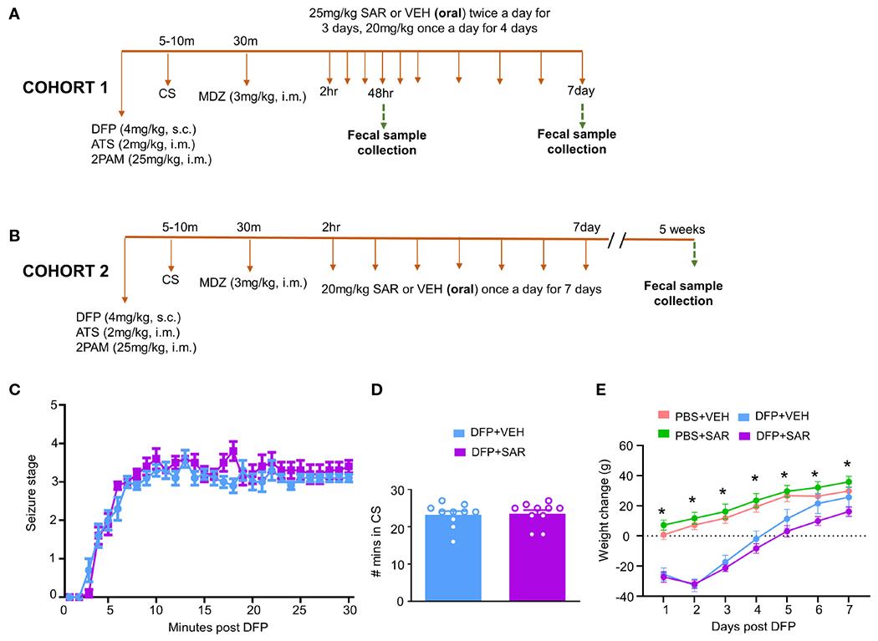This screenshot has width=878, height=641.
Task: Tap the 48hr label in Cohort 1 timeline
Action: pyautogui.click(x=380, y=93)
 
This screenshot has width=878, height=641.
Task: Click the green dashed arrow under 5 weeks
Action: pyautogui.click(x=693, y=254)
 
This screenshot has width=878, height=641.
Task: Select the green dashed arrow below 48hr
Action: pyautogui.click(x=382, y=114)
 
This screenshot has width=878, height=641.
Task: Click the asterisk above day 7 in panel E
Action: pyautogui.click(x=848, y=465)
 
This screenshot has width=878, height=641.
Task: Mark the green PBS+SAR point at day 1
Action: pyautogui.click(x=664, y=525)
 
